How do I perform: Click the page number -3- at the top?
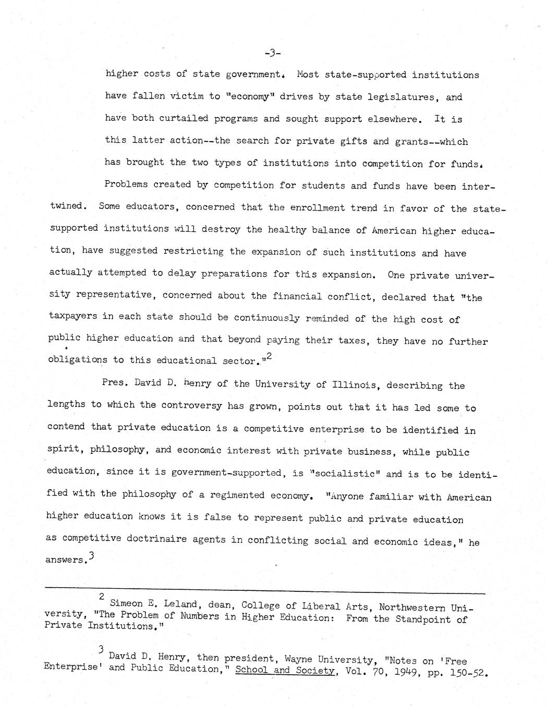[273, 52]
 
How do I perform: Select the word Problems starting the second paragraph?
[126, 184]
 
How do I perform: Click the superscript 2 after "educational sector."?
[270, 356]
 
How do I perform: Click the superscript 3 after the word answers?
[92, 556]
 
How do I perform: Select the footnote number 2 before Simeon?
[102, 596]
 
